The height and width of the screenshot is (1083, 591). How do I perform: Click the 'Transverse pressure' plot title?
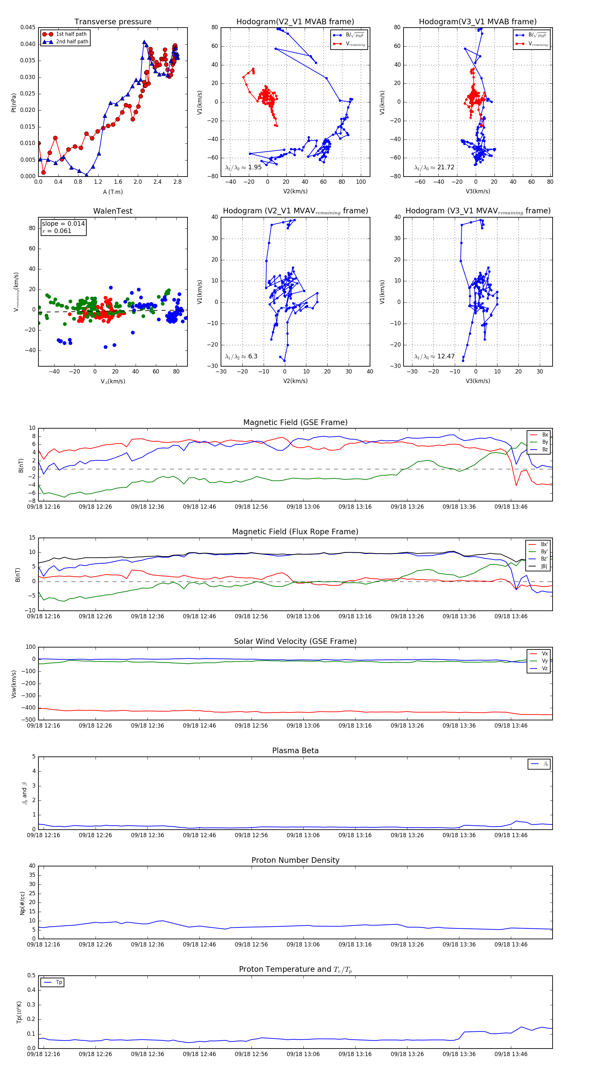point(113,22)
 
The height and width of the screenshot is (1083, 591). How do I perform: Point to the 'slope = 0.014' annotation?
point(63,224)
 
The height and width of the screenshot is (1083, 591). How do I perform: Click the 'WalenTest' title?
point(113,211)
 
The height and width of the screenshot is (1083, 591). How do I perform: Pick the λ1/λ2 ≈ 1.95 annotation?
point(244,167)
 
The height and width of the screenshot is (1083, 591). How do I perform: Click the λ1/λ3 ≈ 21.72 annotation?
point(434,167)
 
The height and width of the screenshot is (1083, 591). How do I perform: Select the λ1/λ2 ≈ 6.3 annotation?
point(241,356)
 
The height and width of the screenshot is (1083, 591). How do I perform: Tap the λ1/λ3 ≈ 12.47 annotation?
point(434,356)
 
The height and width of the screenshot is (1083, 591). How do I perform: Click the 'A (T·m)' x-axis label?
point(113,192)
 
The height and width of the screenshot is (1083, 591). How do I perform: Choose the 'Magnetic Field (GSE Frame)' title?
point(295,422)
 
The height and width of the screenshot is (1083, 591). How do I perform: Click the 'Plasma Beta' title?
point(295,751)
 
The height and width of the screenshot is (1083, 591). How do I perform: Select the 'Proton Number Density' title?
point(295,860)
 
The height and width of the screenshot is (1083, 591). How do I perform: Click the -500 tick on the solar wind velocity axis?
point(29,720)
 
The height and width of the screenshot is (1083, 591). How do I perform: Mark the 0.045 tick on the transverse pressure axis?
point(28,28)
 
